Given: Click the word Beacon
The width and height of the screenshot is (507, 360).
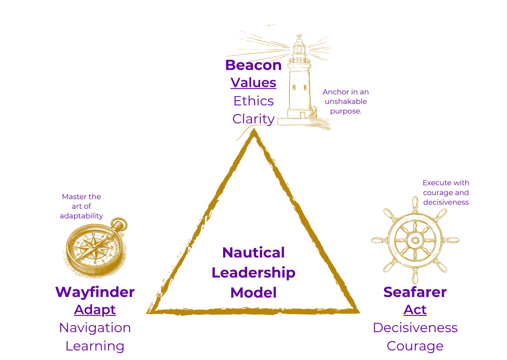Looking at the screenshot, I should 253,65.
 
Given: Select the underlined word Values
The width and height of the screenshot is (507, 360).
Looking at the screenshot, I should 253,83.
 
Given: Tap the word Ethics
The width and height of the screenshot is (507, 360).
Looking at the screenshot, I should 253,101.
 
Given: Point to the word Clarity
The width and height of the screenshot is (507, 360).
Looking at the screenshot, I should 253,119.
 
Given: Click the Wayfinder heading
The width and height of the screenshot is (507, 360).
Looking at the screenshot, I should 95,292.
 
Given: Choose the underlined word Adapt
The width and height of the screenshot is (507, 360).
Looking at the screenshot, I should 95,310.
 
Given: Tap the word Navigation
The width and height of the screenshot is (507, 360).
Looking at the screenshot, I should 95,328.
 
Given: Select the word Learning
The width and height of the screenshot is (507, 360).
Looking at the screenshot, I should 95,346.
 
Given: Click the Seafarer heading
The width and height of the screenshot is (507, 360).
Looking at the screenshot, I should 415,292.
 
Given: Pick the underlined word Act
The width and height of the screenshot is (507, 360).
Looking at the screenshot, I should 415,310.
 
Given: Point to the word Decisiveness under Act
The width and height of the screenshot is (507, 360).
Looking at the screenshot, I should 415,328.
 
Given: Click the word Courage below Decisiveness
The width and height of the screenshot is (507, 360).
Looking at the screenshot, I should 415,346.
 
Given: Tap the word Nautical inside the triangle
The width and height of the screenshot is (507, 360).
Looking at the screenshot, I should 253,253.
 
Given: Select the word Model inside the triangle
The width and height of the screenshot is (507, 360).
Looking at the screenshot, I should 253,293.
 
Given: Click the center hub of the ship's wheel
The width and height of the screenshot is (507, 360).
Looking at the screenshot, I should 415,241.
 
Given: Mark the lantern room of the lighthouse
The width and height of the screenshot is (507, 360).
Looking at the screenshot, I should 299,48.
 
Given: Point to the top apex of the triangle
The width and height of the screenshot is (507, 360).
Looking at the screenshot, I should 254,134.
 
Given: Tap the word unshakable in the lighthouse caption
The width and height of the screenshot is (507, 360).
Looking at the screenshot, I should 345,101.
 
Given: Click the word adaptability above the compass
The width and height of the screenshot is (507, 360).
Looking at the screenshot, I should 81,216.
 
